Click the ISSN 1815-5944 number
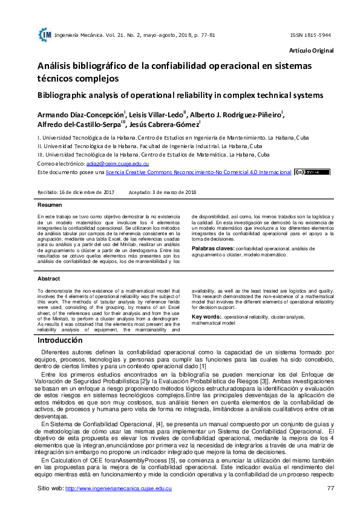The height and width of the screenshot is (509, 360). point(310,35)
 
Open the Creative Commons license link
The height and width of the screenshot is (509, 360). point(198,172)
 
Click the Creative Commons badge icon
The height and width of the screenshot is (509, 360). point(312,172)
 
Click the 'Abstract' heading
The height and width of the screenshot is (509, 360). point(48,279)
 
